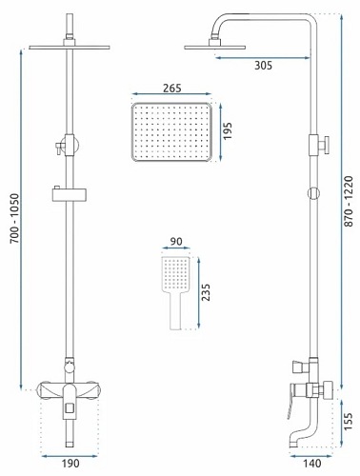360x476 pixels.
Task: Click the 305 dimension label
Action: [x=263, y=66]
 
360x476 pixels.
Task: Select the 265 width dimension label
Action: [x=172, y=88]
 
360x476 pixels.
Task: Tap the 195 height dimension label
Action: [x=228, y=130]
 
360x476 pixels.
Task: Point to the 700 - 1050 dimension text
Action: [x=15, y=219]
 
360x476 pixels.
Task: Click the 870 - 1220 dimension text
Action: [x=349, y=201]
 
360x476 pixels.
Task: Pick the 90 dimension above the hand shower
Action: [x=176, y=241]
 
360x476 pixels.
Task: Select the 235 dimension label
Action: [x=205, y=292]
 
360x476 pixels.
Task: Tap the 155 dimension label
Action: [x=349, y=422]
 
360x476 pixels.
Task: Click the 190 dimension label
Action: [x=70, y=464]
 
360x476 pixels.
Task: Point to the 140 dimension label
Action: [x=312, y=464]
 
